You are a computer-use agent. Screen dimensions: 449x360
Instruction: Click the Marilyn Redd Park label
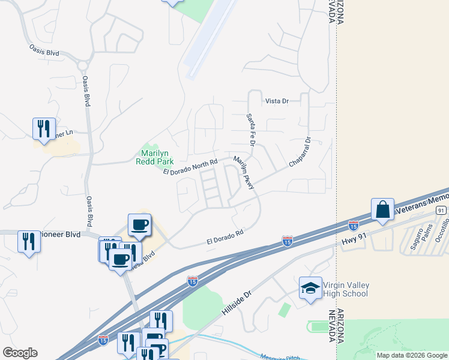coord(157,157)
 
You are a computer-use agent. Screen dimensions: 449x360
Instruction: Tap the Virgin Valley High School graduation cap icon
coord(310,289)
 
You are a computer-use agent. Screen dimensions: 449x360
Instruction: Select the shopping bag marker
coord(382,210)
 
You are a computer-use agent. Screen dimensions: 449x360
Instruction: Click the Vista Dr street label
coord(277,101)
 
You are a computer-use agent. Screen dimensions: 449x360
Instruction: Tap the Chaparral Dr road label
coord(300,154)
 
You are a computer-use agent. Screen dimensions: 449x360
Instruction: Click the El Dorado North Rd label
coord(190,167)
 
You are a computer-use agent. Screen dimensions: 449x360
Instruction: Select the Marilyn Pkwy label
coord(244,173)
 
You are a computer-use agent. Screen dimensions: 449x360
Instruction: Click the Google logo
coord(20,353)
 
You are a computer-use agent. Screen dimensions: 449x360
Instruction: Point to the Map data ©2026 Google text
coord(411,355)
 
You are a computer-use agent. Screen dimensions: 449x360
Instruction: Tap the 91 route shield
coord(441,210)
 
